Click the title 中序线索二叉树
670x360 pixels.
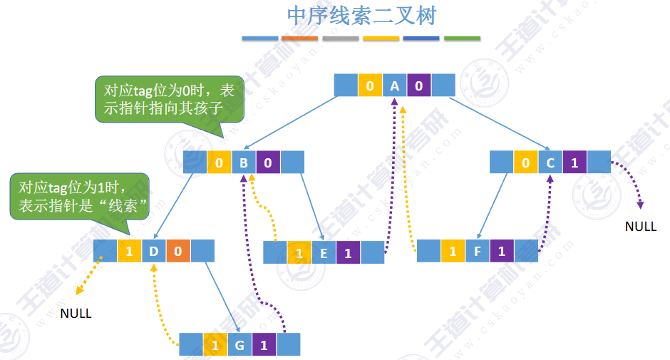(361, 16)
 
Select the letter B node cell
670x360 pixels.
(243, 163)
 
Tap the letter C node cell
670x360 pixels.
(550, 163)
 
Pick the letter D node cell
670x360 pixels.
(153, 251)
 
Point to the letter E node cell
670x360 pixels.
(324, 253)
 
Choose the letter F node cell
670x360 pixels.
(478, 251)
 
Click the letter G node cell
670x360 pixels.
(239, 345)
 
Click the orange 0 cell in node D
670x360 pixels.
(178, 251)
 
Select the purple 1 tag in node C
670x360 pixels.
(574, 163)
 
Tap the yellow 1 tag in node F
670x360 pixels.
(453, 251)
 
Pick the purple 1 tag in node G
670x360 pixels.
(264, 345)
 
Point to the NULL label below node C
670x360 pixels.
(640, 227)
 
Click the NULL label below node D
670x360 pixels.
(76, 313)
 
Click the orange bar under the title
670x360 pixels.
(299, 38)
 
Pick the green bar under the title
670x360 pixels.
(462, 38)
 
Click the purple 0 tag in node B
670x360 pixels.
(268, 163)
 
